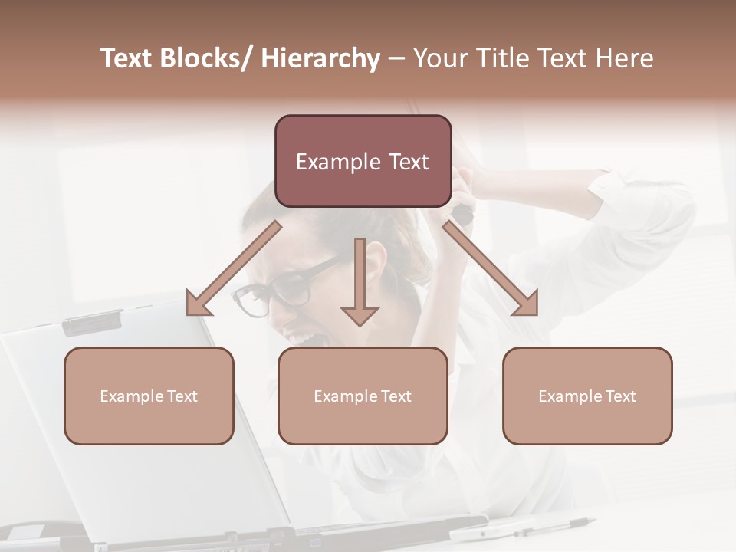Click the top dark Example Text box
tap(363, 161)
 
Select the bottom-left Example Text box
tap(149, 396)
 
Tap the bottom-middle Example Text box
tap(363, 396)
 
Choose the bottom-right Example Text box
tap(587, 396)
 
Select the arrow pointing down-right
tap(491, 268)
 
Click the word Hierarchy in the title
tap(320, 58)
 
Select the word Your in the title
tap(440, 58)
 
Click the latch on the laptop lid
tap(91, 324)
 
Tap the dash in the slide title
tap(396, 58)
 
